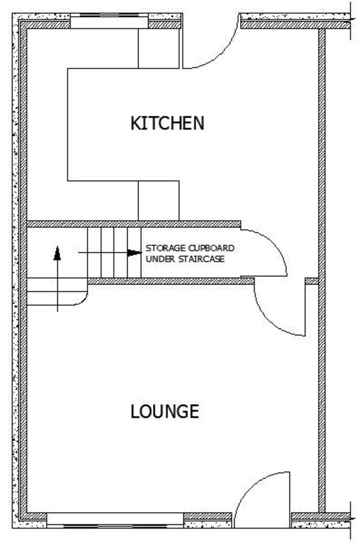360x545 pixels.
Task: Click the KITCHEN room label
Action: (x=168, y=123)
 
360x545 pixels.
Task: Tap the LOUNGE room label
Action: (x=165, y=411)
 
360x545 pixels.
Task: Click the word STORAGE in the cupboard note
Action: (x=166, y=248)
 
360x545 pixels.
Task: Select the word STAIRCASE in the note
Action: (x=202, y=259)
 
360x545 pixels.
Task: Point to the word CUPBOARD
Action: (x=211, y=248)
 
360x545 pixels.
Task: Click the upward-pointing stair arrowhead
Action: (x=57, y=253)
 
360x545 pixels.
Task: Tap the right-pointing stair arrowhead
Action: (x=134, y=253)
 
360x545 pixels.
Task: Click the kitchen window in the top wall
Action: (x=109, y=21)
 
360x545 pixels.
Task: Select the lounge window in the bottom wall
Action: (x=115, y=520)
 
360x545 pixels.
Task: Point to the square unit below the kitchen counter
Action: (x=159, y=201)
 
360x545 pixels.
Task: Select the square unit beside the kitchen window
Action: (x=159, y=49)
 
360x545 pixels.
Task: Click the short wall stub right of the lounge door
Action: (x=312, y=281)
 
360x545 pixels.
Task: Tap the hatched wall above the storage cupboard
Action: (x=134, y=224)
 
